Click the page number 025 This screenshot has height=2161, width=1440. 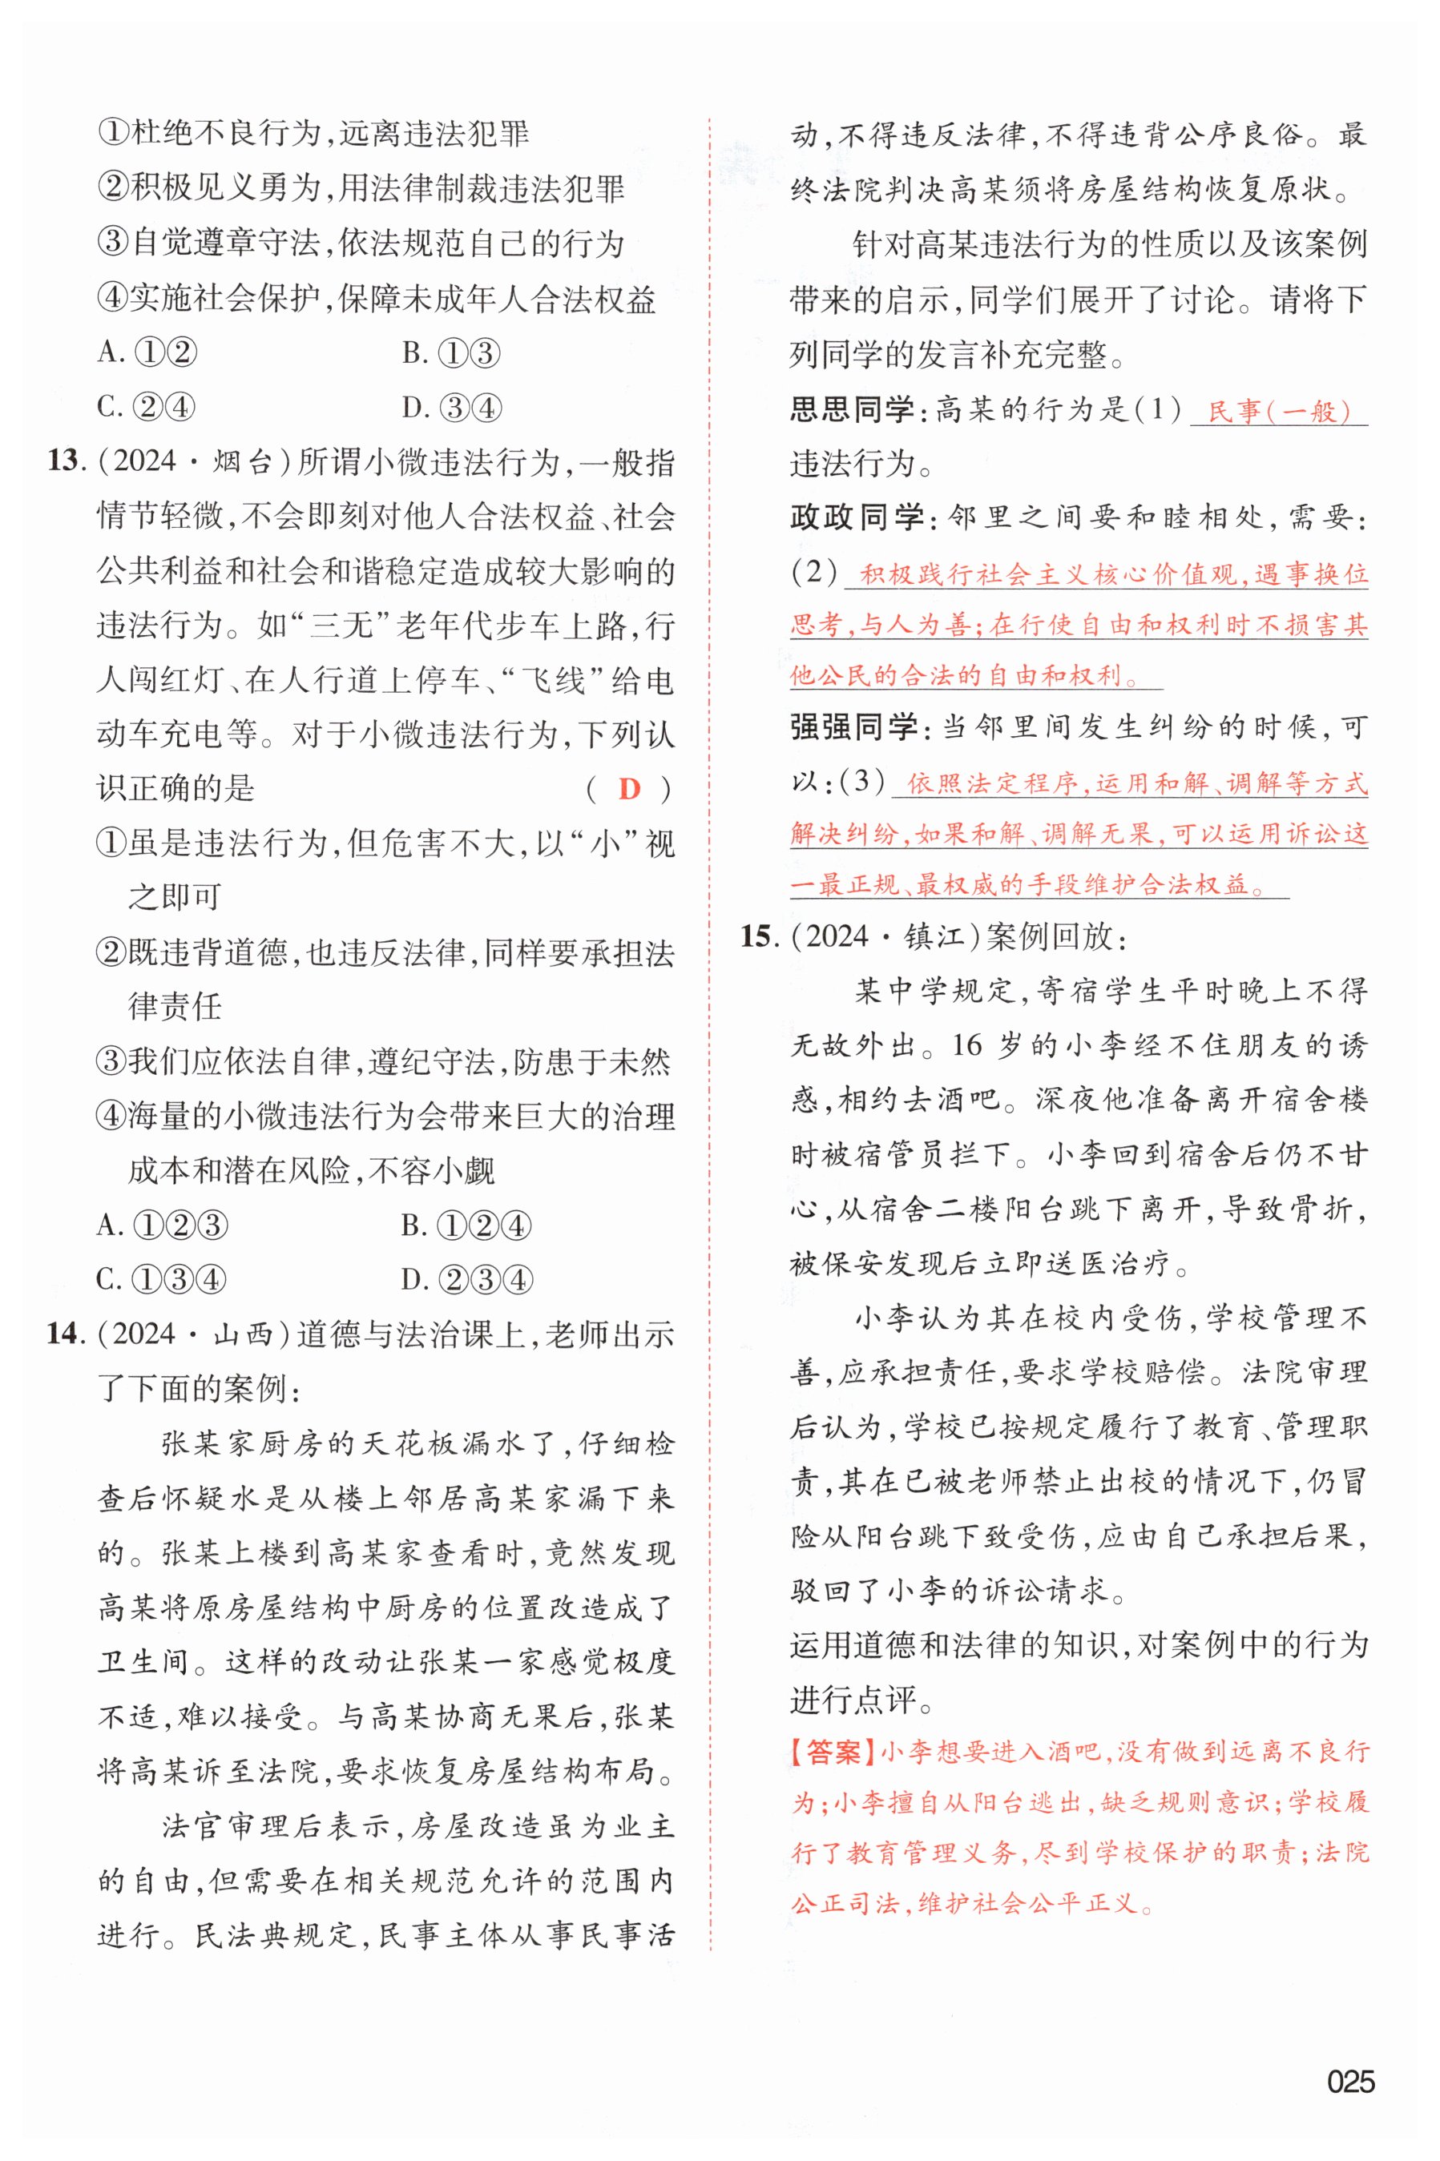pyautogui.click(x=1350, y=2080)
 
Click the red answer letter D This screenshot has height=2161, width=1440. pyautogui.click(x=629, y=789)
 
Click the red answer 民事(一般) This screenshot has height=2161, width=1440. pyautogui.click(x=1278, y=411)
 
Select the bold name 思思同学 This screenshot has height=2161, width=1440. pyautogui.click(x=853, y=409)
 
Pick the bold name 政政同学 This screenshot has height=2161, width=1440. pyautogui.click(x=857, y=517)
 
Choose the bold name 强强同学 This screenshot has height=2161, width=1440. pyautogui.click(x=854, y=728)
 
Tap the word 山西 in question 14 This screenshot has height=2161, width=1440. pyautogui.click(x=244, y=1334)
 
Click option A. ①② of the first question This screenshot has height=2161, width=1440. pyautogui.click(x=147, y=352)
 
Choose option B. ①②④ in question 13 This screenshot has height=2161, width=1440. pyautogui.click(x=466, y=1225)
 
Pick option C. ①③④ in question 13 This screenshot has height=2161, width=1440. pyautogui.click(x=162, y=1280)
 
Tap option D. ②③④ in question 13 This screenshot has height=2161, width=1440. pyautogui.click(x=466, y=1280)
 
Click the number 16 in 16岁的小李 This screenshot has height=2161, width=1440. pyautogui.click(x=967, y=1044)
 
